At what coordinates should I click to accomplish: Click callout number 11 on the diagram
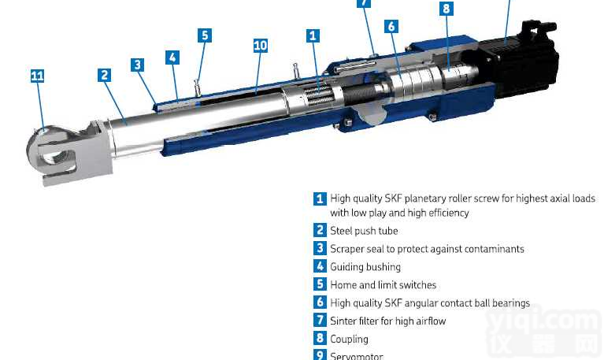(x=37, y=76)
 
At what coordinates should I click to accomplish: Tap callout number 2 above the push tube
(x=104, y=75)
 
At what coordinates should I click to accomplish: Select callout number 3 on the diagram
(x=138, y=65)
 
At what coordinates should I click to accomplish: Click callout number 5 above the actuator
(x=205, y=35)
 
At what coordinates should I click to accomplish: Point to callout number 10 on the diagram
(x=261, y=46)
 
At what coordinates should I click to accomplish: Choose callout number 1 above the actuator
(x=313, y=35)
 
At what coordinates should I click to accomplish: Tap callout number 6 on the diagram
(x=391, y=26)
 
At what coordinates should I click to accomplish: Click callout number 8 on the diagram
(x=447, y=9)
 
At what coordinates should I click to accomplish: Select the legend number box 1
(x=320, y=199)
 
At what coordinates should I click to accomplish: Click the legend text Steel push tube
(x=364, y=231)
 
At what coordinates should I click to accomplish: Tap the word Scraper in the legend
(x=347, y=249)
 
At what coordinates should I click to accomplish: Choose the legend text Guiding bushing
(x=365, y=267)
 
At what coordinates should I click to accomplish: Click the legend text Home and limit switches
(x=383, y=285)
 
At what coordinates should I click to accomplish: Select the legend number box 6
(x=320, y=302)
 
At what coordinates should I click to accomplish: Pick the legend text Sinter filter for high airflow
(x=388, y=321)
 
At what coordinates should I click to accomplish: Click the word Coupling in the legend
(x=349, y=339)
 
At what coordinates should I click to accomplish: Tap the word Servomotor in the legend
(x=357, y=356)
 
